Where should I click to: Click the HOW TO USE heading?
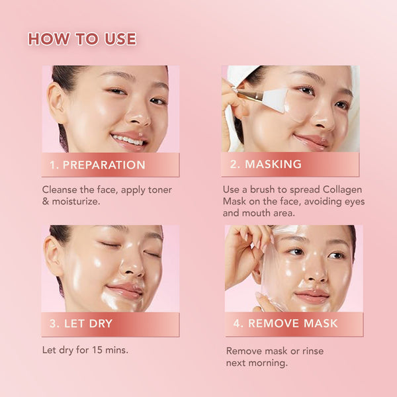[82, 39]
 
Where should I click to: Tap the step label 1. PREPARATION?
[97, 165]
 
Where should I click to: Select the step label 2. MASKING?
[266, 164]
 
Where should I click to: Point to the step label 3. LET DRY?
[81, 324]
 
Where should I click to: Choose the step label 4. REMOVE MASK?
[286, 324]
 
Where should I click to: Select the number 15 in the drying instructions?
[97, 350]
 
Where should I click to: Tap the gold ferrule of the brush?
[249, 95]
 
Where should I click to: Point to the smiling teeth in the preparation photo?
[127, 140]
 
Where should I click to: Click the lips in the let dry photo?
[124, 290]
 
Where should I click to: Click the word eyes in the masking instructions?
[355, 202]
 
